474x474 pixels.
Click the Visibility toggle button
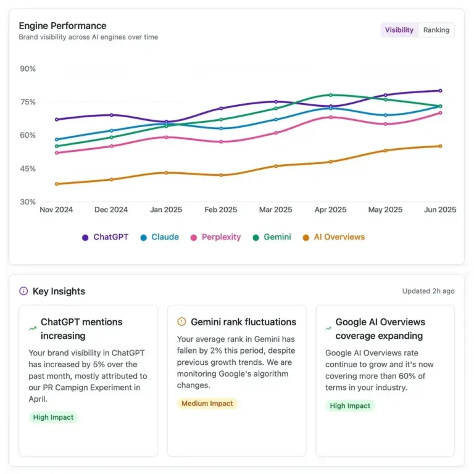(399, 30)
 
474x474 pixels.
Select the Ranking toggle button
(436, 30)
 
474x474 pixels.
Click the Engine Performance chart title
(62, 26)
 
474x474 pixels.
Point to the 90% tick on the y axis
(28, 69)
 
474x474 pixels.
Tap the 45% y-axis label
(28, 168)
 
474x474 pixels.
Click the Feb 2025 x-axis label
(220, 210)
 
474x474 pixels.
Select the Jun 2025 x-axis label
(439, 210)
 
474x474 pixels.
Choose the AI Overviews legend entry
(333, 237)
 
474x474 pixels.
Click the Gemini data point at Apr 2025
(331, 95)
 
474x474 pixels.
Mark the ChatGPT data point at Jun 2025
(440, 91)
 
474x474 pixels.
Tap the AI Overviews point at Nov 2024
(57, 184)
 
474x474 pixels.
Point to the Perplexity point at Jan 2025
(166, 137)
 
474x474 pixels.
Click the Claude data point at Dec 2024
(112, 131)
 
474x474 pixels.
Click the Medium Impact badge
(207, 404)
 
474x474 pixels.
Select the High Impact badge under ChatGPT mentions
(53, 417)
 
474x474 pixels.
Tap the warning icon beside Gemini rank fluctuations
(181, 322)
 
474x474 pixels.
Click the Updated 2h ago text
(428, 291)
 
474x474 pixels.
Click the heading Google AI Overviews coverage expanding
(380, 329)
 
